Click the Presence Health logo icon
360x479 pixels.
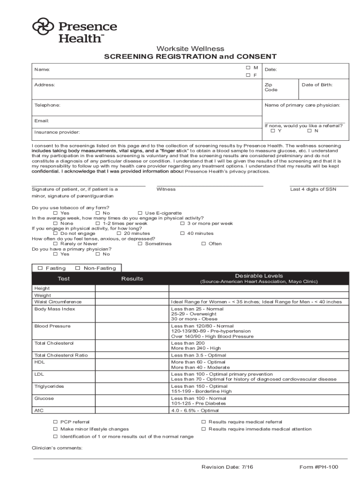43,29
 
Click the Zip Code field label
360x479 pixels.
271,87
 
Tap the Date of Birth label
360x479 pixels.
317,85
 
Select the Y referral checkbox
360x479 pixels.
273,131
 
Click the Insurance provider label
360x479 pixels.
57,132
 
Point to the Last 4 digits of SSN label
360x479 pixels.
313,189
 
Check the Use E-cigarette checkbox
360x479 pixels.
140,213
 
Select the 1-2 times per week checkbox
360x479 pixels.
98,224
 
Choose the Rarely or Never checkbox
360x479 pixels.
56,244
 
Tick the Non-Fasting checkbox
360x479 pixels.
77,269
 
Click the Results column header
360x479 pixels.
132,279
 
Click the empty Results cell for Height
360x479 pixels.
132,289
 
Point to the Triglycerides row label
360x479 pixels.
49,386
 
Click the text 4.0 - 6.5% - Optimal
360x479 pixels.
195,411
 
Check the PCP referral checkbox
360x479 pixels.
56,422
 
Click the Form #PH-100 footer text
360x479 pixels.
318,467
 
